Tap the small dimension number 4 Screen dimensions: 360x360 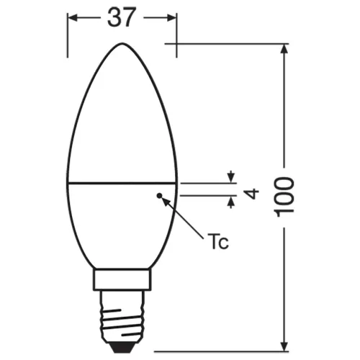pyautogui.click(x=252, y=192)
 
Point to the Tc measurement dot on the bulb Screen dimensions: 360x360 pyautogui.click(x=158, y=194)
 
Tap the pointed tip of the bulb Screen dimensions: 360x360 pyautogui.click(x=122, y=45)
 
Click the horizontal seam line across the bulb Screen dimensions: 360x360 pyautogui.click(x=122, y=181)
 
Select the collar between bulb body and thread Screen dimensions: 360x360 pyautogui.click(x=122, y=279)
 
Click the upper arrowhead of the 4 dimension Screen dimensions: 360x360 pyautogui.click(x=231, y=176)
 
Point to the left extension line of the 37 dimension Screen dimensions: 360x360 pyautogui.click(x=68, y=36)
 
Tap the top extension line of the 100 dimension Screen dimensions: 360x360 pyautogui.click(x=230, y=45)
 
